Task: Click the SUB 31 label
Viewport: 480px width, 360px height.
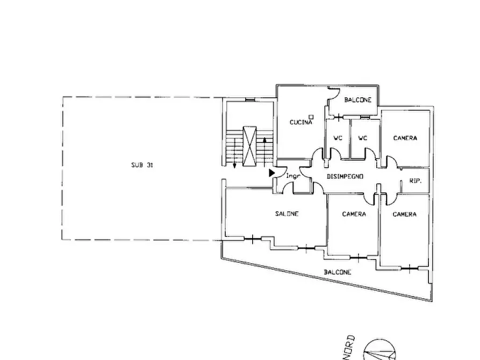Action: [142, 165]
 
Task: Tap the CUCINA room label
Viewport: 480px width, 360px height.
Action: [300, 123]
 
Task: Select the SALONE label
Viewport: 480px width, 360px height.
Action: [287, 214]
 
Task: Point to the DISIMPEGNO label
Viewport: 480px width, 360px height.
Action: [345, 177]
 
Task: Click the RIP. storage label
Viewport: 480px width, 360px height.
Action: [415, 181]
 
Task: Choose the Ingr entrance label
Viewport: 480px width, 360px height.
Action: [293, 176]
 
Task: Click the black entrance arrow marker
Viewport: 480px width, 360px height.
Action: [272, 173]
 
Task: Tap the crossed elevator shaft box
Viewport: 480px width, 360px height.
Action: [249, 146]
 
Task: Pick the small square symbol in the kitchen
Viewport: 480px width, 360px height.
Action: [311, 117]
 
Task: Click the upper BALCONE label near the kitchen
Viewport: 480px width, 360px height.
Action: [358, 100]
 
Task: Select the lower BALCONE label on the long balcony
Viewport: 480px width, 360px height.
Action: [338, 272]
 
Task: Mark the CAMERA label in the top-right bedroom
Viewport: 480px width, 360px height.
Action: [405, 138]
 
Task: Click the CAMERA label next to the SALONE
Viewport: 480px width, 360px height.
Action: [354, 214]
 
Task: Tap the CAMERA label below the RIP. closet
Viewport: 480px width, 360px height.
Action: [404, 214]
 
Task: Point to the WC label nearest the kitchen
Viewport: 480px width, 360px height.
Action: [338, 138]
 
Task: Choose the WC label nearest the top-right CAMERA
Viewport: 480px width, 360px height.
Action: [362, 138]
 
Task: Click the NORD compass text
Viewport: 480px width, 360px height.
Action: [350, 348]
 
